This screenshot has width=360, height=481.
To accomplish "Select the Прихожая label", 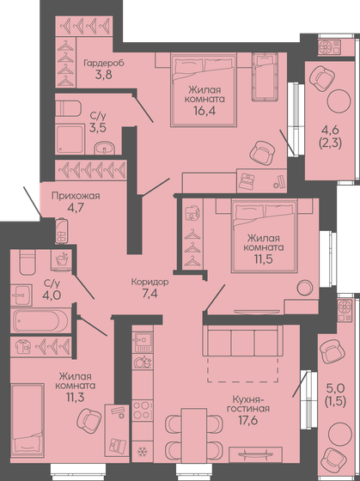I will (x=76, y=195).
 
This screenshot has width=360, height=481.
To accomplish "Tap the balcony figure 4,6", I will (x=330, y=132).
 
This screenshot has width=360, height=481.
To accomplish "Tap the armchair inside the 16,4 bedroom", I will (x=261, y=152).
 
